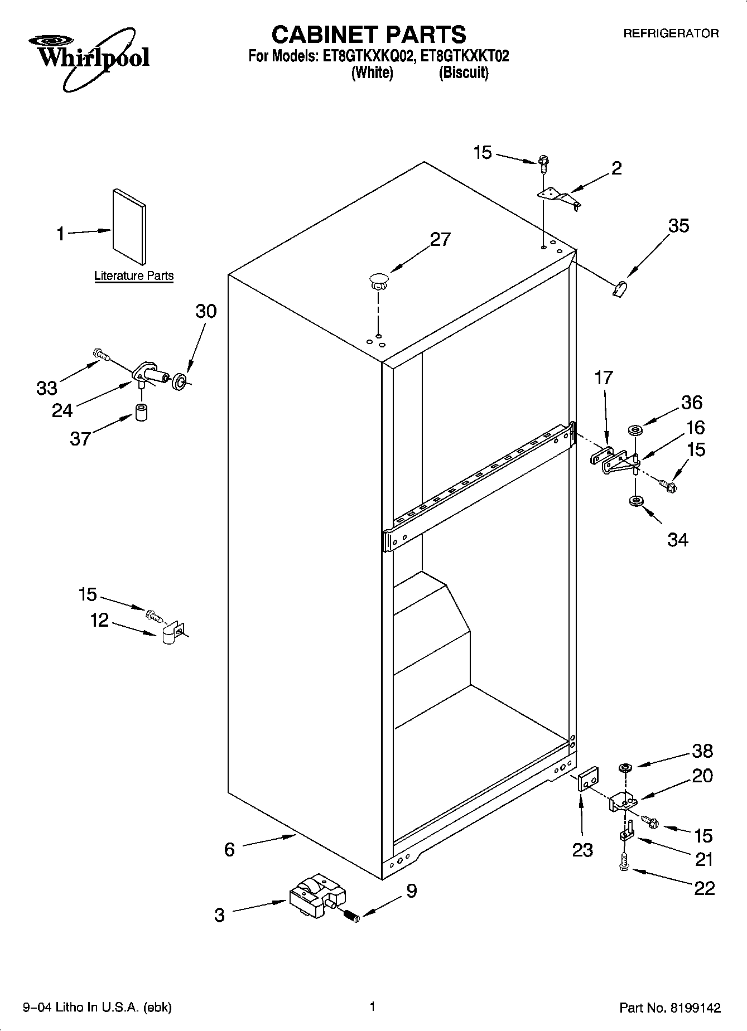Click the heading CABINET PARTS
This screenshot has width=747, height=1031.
(368, 35)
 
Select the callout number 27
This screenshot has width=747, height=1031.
(440, 239)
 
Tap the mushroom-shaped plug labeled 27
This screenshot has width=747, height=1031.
(378, 280)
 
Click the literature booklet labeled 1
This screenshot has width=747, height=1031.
(130, 226)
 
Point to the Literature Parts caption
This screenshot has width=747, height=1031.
(134, 275)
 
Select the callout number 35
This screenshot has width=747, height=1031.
(678, 226)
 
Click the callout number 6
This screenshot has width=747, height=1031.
(229, 849)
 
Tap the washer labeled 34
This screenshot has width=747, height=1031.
(634, 501)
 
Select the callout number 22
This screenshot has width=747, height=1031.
(704, 888)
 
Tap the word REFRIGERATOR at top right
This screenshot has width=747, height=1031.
(671, 33)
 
